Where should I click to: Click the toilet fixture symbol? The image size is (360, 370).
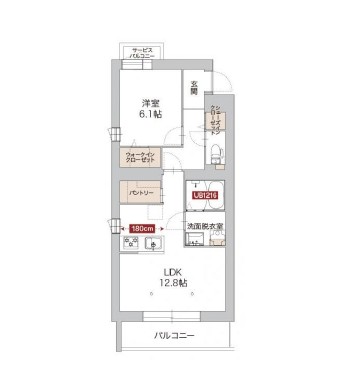(x=216, y=151)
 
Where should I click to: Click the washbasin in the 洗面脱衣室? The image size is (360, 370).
(x=192, y=244)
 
